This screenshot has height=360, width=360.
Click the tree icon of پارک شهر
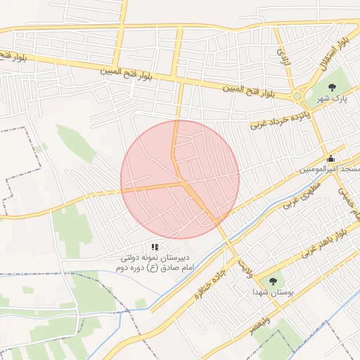(332, 87)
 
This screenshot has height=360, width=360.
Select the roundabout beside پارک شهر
(299, 96)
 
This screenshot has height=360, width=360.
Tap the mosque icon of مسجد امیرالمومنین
(331, 159)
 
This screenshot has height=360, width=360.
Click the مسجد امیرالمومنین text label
(330, 171)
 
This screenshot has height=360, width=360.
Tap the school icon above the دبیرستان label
(155, 247)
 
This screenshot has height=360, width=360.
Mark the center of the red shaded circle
(180, 179)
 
